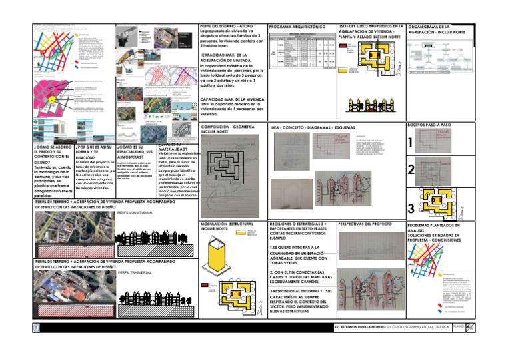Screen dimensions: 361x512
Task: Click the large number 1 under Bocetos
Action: (411, 142)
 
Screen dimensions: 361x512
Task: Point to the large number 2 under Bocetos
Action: (411, 170)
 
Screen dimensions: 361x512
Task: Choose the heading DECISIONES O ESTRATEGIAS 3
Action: (299, 228)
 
